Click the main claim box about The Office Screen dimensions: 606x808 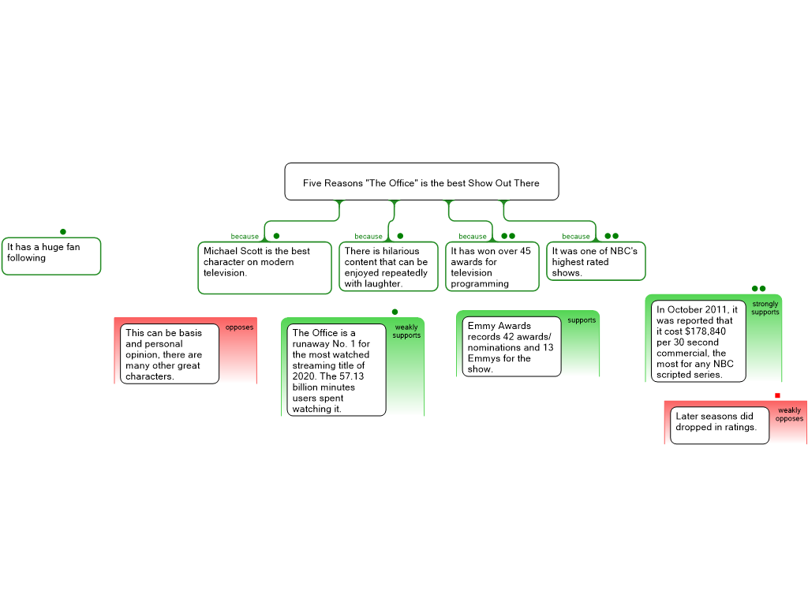[x=421, y=182]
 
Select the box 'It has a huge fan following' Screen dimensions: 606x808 [x=51, y=256]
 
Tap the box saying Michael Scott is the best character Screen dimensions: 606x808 [x=264, y=267]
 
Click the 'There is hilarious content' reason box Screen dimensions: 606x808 [x=388, y=267]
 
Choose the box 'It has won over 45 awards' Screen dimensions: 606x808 [x=492, y=266]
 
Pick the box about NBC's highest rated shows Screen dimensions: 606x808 [x=596, y=261]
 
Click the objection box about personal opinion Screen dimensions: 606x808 [x=170, y=354]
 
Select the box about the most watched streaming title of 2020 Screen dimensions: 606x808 [x=336, y=370]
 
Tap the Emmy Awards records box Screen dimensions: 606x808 [x=511, y=347]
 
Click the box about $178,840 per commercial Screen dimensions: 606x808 [x=698, y=342]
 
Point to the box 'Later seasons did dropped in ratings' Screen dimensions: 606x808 [x=719, y=425]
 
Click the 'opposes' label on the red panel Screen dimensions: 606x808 [x=240, y=327]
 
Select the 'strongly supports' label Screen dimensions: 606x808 [x=765, y=309]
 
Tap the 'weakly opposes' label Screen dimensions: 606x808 [x=789, y=415]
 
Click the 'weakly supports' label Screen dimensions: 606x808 [x=406, y=331]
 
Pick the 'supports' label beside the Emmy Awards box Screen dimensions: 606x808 [x=582, y=320]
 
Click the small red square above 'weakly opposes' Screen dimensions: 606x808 [x=777, y=396]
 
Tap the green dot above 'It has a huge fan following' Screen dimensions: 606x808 [x=63, y=232]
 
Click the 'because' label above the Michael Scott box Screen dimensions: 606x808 [x=245, y=236]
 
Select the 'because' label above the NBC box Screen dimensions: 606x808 [x=576, y=236]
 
